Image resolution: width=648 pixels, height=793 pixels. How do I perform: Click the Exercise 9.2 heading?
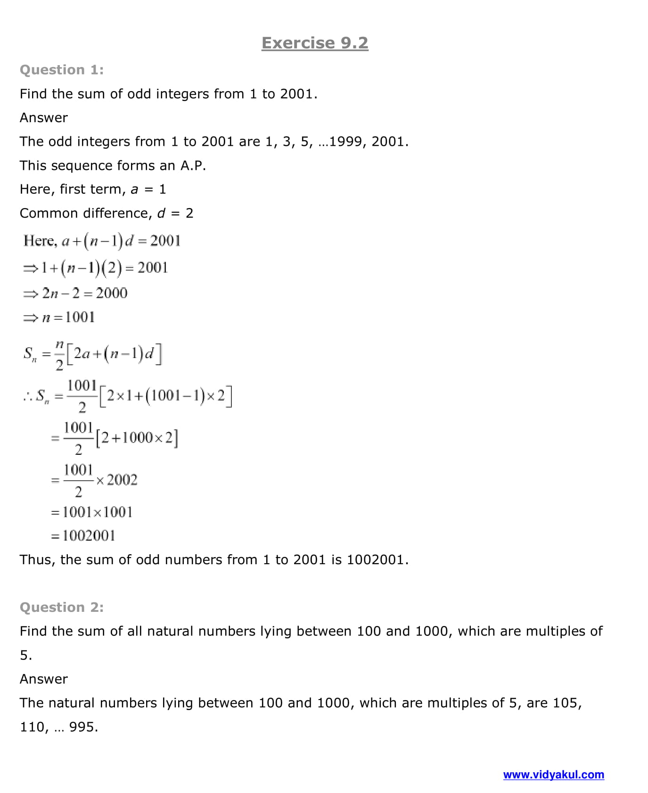coord(315,43)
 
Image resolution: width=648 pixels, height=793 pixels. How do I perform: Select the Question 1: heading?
coord(62,70)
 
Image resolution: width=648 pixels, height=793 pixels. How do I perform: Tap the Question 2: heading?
coord(62,607)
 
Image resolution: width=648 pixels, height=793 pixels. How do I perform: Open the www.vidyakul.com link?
coord(553,775)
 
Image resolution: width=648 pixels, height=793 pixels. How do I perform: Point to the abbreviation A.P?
coord(193,166)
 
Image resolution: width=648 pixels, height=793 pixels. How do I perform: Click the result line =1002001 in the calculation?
coord(83,535)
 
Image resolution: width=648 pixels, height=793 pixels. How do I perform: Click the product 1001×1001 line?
coord(92,512)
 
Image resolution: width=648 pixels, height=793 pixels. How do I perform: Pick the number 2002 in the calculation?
coord(122,480)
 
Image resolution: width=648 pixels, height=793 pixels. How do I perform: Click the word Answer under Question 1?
coord(44,117)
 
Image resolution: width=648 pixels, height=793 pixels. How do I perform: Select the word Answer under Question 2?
coord(44,679)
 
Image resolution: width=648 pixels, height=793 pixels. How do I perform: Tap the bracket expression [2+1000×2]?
coord(137,438)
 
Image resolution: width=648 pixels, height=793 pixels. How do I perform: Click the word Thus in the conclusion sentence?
coord(37,559)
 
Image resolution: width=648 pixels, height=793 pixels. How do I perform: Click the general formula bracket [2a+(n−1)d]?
coord(114,354)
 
